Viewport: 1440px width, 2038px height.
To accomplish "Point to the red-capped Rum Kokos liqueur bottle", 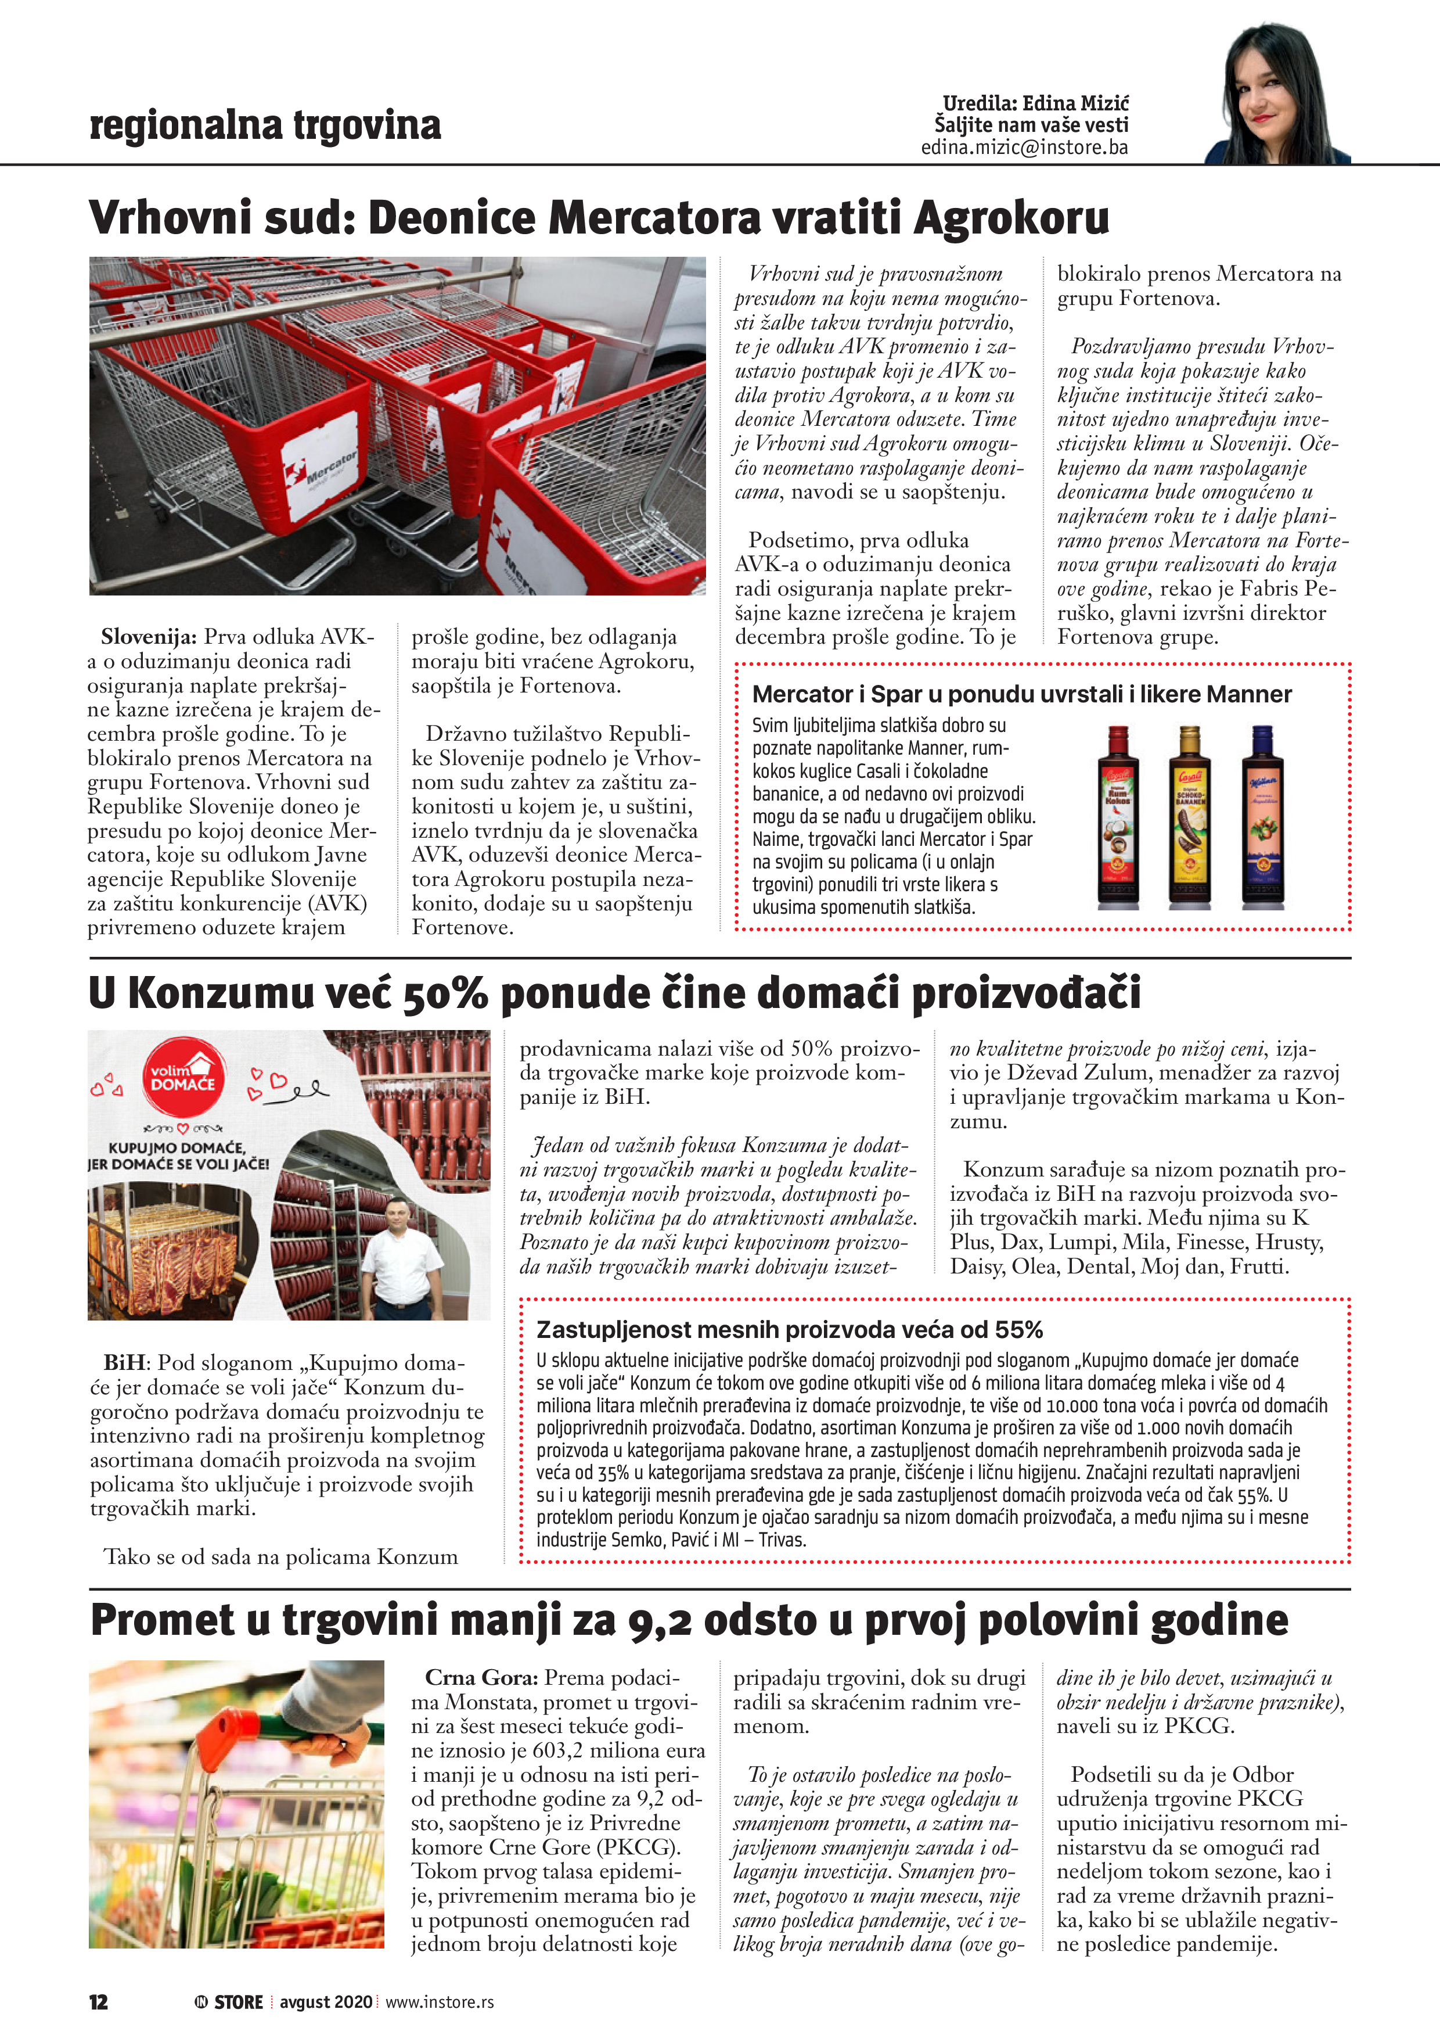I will coord(1118,817).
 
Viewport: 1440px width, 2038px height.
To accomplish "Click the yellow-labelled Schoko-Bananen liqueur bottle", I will coord(1190,817).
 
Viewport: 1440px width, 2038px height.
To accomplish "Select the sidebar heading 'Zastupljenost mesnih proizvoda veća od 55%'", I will coord(790,1330).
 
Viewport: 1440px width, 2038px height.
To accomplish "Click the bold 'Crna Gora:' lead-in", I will coord(481,1678).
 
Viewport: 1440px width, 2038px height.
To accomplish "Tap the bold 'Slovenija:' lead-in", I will coord(148,636).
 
